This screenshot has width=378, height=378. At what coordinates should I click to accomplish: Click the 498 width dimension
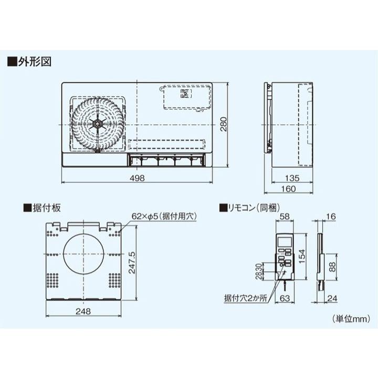[137, 178]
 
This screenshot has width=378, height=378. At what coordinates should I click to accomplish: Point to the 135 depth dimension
[293, 178]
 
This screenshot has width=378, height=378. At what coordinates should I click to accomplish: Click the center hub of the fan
[98, 124]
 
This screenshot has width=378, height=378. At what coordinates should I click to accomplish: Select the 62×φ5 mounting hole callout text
[163, 216]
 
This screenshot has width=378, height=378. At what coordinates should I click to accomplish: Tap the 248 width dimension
[83, 311]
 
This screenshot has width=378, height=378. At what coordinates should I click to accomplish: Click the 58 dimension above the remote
[285, 216]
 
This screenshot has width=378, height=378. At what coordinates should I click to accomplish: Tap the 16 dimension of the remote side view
[330, 216]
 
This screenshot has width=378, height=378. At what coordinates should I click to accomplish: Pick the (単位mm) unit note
[350, 318]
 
